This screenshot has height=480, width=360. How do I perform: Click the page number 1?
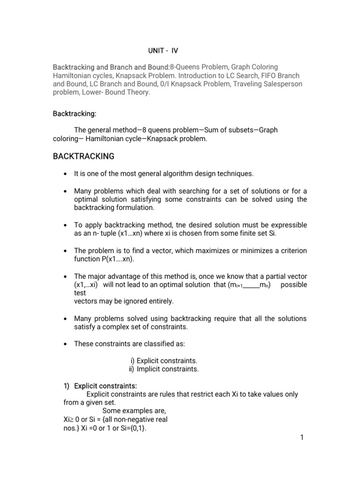302,438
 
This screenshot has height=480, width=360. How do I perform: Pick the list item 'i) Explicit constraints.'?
164,360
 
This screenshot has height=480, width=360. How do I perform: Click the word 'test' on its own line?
80,292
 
